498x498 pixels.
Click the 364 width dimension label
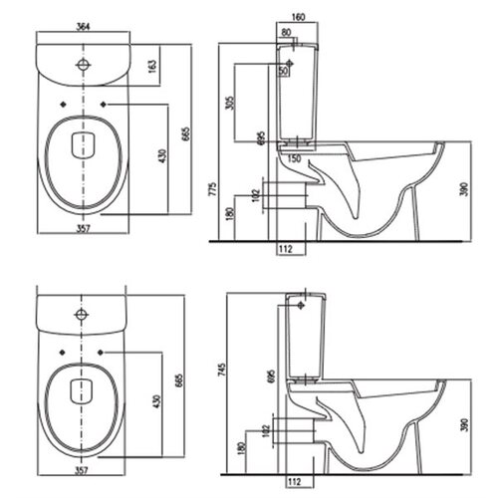point(83,27)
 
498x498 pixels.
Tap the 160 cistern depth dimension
point(298,17)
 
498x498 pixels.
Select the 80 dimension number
point(286,32)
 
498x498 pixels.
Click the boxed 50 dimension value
point(283,71)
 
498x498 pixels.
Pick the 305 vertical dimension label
point(229,103)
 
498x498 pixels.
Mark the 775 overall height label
point(213,188)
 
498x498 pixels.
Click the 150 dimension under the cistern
point(294,158)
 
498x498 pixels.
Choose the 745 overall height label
point(221,370)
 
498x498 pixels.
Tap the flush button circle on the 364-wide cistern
point(83,65)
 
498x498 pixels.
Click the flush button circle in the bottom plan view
point(81,314)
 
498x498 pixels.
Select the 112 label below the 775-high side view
point(286,248)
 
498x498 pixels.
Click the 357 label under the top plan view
point(84,228)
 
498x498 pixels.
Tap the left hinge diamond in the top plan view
point(63,105)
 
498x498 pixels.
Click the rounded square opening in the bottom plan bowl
point(81,391)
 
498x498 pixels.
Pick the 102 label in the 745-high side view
point(266,430)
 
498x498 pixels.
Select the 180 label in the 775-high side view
point(229,214)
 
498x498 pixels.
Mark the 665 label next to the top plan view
point(186,134)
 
